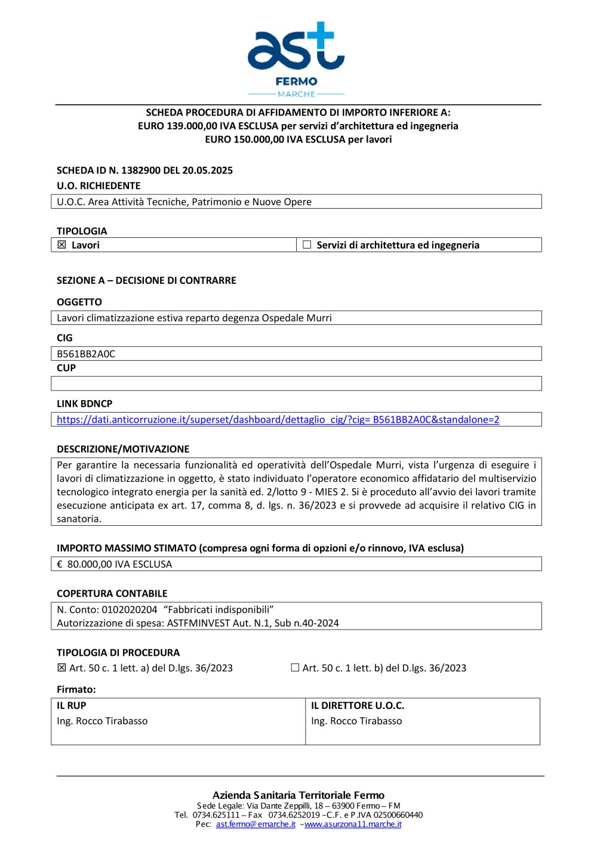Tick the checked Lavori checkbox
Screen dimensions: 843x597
click(x=61, y=244)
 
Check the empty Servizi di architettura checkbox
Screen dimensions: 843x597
click(x=307, y=244)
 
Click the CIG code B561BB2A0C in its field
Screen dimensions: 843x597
click(x=86, y=354)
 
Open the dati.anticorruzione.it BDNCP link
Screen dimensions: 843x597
click(x=278, y=420)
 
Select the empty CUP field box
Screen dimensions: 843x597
click(x=296, y=383)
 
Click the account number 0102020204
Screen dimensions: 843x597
click(x=130, y=609)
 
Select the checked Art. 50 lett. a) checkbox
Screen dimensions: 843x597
click(x=61, y=668)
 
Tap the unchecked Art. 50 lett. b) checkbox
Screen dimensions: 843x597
click(x=295, y=668)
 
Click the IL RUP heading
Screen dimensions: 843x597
click(x=72, y=705)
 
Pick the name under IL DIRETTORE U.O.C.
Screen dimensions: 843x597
click(x=356, y=721)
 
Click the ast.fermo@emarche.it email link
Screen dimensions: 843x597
click(x=256, y=824)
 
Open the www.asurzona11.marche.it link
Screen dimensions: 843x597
click(x=353, y=824)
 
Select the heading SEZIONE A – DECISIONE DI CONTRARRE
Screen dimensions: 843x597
click(x=146, y=280)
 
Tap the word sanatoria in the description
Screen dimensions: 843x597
click(x=79, y=519)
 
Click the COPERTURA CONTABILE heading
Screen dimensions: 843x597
click(x=112, y=593)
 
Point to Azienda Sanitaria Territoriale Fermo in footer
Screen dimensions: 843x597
click(x=298, y=795)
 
